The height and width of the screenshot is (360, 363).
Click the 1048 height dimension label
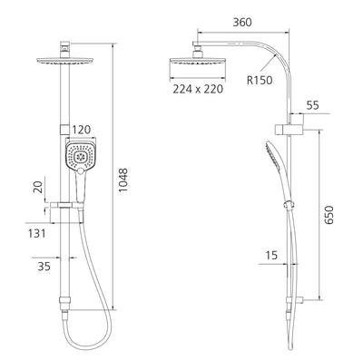tap(123, 180)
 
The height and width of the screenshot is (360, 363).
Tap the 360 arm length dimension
tap(242, 22)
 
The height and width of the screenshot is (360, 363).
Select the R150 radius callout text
tap(260, 80)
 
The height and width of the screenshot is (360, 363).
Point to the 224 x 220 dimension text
tap(198, 89)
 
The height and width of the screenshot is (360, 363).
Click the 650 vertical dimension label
tap(329, 215)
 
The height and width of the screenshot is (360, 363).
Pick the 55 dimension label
tap(313, 105)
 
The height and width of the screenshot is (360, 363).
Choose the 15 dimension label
tap(271, 255)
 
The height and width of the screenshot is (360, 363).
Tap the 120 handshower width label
tap(81, 130)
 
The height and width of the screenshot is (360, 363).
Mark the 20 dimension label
tap(38, 187)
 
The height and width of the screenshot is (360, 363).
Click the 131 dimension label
tap(36, 233)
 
